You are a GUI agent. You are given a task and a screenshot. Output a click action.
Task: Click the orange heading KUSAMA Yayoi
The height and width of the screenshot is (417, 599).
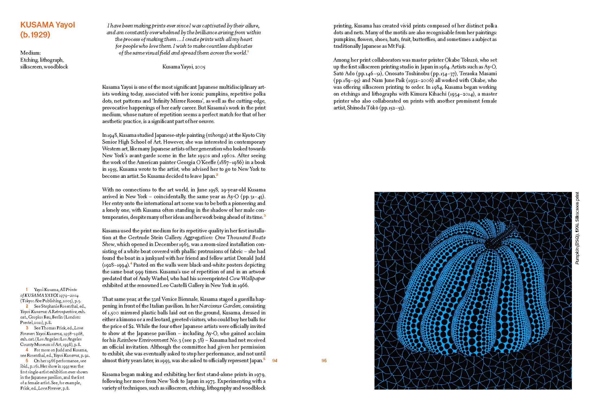(x=47, y=25)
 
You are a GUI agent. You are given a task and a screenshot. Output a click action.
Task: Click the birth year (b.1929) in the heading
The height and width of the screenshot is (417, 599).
(x=35, y=35)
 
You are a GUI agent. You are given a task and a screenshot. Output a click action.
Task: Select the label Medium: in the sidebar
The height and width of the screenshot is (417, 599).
(x=30, y=53)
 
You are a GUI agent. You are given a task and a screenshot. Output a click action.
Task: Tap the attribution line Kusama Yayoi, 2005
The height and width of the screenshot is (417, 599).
(x=184, y=67)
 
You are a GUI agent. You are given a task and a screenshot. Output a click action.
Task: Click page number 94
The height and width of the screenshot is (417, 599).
(x=275, y=361)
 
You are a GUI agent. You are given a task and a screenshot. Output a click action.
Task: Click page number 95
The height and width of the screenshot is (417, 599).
(x=324, y=361)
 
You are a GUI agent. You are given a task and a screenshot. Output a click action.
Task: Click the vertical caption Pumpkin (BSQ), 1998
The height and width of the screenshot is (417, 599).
(x=577, y=228)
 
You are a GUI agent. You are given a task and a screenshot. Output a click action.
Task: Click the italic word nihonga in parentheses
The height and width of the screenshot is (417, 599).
(x=217, y=135)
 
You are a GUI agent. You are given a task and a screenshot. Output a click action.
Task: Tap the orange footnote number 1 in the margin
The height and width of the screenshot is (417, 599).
(x=27, y=290)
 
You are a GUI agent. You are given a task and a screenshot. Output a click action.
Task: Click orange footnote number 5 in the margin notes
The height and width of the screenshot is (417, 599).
(x=27, y=361)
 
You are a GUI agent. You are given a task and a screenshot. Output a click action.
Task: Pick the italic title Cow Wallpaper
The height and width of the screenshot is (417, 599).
(x=247, y=279)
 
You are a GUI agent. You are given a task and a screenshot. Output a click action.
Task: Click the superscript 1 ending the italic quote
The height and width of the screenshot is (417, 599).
(x=248, y=52)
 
